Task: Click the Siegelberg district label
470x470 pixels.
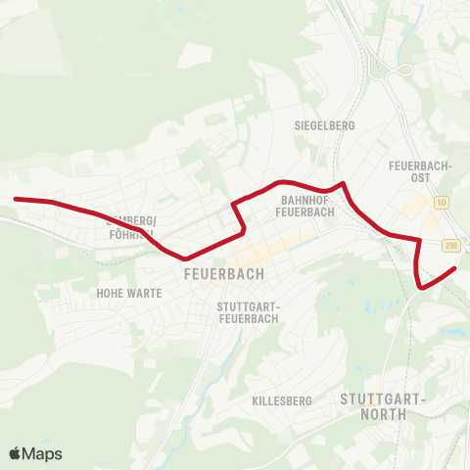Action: click(x=324, y=125)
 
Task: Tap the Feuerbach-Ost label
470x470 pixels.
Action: click(x=420, y=171)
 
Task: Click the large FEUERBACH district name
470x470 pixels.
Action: click(x=223, y=275)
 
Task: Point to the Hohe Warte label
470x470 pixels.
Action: click(x=129, y=293)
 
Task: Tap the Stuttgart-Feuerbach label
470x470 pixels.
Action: click(x=248, y=312)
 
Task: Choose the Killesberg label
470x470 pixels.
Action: click(x=281, y=401)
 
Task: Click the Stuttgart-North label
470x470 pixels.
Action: click(x=384, y=406)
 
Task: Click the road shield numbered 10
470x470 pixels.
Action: click(x=442, y=202)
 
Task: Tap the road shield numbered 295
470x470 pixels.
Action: click(x=449, y=245)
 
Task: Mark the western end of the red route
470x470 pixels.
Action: click(x=16, y=199)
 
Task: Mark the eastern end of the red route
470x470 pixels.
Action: click(x=455, y=267)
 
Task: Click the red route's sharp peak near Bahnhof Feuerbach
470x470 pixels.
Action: click(x=342, y=182)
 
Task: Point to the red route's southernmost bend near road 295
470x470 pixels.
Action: click(x=421, y=287)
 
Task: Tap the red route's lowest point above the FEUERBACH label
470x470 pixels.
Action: click(x=184, y=259)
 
